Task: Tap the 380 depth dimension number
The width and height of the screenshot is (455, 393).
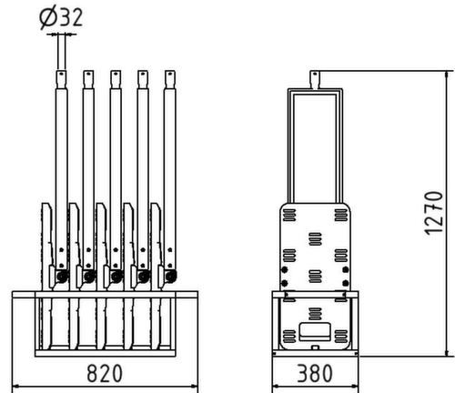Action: (x=315, y=372)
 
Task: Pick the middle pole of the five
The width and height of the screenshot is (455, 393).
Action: (x=115, y=146)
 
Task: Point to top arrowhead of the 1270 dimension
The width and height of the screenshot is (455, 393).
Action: (x=446, y=73)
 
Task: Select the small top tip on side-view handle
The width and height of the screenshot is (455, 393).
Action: (x=314, y=78)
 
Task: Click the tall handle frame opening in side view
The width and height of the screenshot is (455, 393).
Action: (x=314, y=146)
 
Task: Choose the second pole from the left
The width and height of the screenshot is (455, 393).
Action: (x=88, y=146)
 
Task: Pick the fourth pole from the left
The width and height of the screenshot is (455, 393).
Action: (x=142, y=146)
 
